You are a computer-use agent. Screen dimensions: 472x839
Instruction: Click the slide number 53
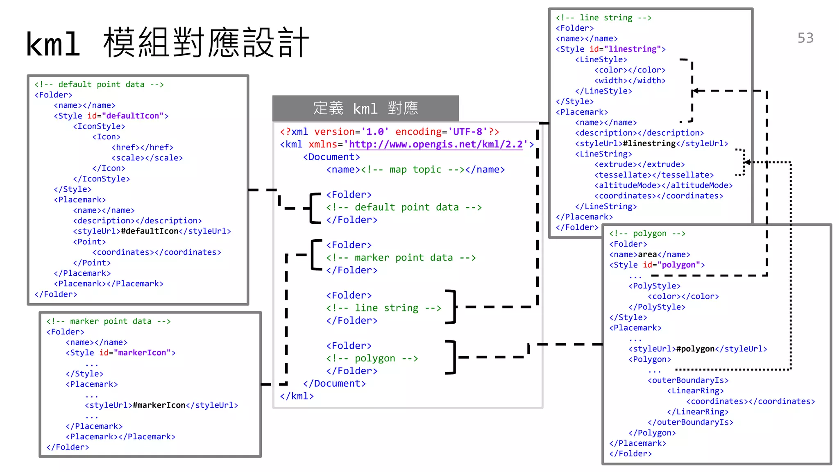point(805,38)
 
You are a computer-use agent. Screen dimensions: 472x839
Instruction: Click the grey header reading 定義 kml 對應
point(365,109)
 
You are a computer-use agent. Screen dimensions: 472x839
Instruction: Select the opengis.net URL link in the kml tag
point(435,145)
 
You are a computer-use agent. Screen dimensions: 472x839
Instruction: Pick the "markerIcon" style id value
point(142,353)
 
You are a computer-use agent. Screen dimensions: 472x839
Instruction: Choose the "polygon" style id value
point(678,265)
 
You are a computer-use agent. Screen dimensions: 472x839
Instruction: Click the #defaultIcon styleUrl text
point(150,231)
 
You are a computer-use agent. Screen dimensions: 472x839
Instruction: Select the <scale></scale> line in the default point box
point(147,158)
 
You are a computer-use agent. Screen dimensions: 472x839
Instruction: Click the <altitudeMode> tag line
point(663,186)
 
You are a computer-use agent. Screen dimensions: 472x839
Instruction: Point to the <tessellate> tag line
point(654,175)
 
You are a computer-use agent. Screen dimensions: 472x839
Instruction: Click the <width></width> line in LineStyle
point(630,81)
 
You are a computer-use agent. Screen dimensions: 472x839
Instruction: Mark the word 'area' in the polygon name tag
point(647,254)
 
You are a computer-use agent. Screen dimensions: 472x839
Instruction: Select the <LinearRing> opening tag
point(695,391)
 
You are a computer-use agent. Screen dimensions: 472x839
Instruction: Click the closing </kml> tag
point(297,396)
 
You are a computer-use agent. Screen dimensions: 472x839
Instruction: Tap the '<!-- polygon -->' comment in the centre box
point(372,359)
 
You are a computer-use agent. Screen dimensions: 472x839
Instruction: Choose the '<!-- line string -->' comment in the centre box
point(383,308)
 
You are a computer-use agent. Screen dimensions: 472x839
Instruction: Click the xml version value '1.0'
point(374,132)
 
